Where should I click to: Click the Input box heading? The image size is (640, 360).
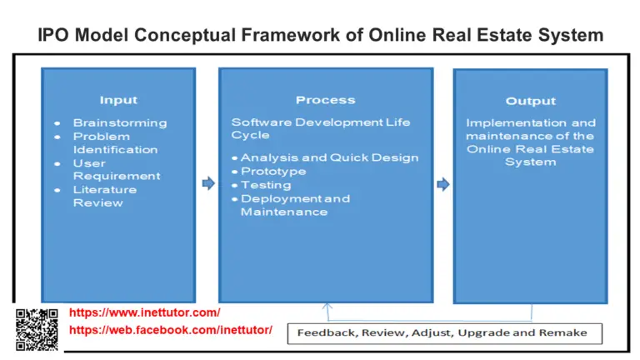coord(118,100)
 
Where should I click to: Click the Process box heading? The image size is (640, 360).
coord(325,100)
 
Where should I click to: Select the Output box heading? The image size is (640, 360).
coord(530,101)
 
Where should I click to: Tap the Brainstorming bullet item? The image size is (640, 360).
coord(119,122)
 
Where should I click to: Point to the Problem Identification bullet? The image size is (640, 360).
coord(114,142)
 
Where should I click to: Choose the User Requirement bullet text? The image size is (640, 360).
coord(117,169)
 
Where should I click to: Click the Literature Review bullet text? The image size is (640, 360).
coord(104,196)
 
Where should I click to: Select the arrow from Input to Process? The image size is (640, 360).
coord(207,183)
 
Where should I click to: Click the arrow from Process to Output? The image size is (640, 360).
coord(442,183)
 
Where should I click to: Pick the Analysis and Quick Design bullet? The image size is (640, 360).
coord(329,157)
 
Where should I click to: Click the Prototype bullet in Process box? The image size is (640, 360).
coord(272,171)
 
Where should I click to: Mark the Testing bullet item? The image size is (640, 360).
coord(266,185)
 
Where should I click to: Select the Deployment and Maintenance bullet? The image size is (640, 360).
coord(295,205)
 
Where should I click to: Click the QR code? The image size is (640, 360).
coord(37,329)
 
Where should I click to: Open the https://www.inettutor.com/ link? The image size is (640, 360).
coord(144,312)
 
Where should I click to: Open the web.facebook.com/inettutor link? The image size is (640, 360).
coord(170,330)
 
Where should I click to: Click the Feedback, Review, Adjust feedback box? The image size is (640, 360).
coord(442,333)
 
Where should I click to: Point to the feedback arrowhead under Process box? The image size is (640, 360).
coord(326,307)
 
